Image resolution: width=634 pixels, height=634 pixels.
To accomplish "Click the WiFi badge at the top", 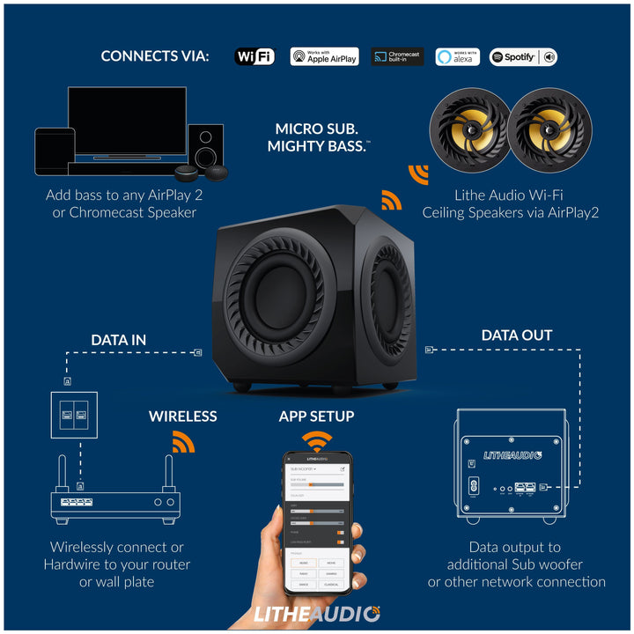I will [x=254, y=57].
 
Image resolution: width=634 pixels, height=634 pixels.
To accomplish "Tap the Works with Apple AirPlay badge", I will [x=324, y=57].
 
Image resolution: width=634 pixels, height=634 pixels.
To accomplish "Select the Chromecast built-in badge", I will [x=397, y=57].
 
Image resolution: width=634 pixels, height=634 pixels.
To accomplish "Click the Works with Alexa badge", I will [x=457, y=57].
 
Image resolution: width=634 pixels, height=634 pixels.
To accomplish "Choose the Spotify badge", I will [x=523, y=57].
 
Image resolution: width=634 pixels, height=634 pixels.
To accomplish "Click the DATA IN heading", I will [x=119, y=340].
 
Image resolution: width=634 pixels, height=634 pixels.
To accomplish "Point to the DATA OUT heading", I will [x=517, y=335].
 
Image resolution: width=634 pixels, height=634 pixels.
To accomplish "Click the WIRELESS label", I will [x=182, y=416].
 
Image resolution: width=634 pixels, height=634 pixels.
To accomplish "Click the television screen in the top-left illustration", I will [x=127, y=119].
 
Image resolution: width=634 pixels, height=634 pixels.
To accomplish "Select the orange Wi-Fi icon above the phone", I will [x=317, y=439].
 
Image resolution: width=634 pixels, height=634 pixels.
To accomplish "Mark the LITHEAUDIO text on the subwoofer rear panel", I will [x=513, y=455].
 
